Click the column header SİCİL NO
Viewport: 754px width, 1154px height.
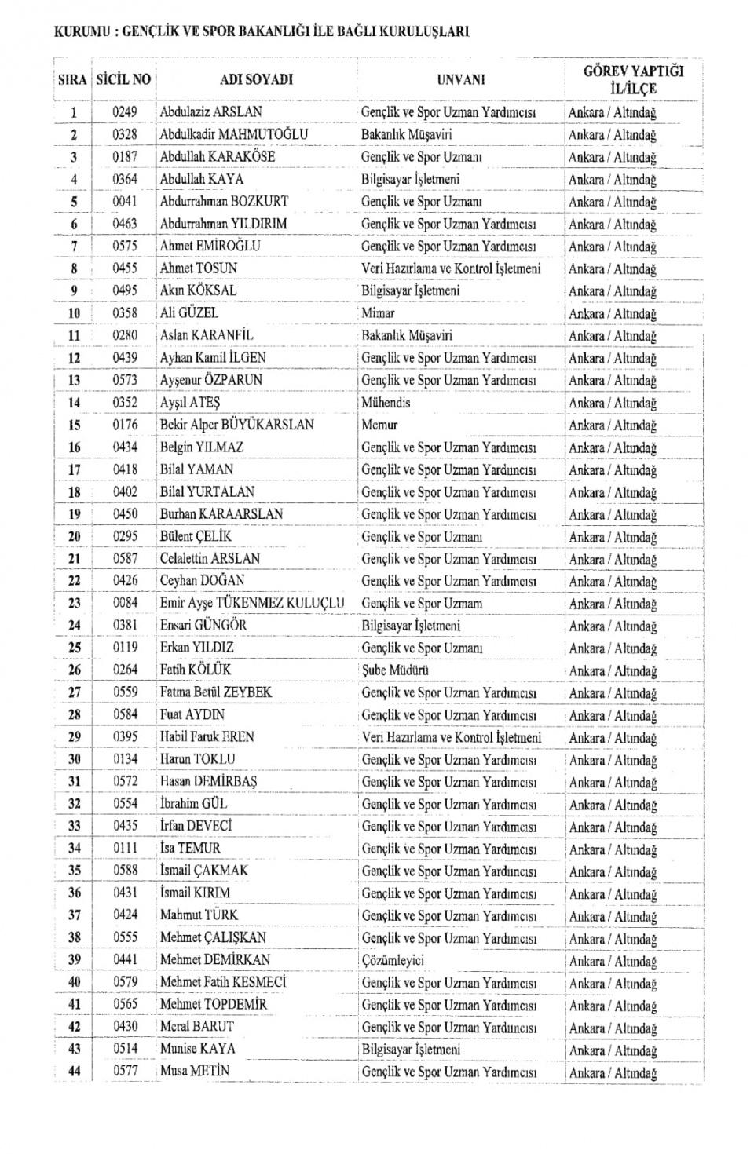123,79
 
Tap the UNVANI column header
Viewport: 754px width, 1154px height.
460,79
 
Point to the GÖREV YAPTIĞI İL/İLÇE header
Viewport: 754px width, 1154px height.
633,79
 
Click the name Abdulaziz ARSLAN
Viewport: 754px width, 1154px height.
210,112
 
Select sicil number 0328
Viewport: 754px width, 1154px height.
124,134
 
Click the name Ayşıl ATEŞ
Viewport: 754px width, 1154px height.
190,403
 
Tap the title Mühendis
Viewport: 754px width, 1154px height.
386,403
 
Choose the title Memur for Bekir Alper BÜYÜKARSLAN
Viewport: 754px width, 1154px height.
379,425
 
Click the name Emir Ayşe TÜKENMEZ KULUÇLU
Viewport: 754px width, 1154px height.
252,603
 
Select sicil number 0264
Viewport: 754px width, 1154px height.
124,670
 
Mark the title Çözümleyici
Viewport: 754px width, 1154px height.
393,960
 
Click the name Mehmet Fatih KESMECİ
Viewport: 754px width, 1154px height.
223,982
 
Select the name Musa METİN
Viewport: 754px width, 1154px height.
194,1072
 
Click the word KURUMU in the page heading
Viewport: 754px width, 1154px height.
78,33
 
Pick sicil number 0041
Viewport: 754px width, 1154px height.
124,201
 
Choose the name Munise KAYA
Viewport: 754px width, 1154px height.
197,1049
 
